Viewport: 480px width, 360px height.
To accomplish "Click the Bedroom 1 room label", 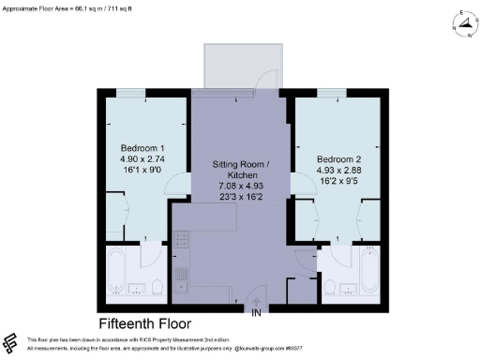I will (142, 149).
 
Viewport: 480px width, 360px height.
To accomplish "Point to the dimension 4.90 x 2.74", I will (142, 161).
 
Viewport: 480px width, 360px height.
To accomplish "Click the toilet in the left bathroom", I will (157, 286).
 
